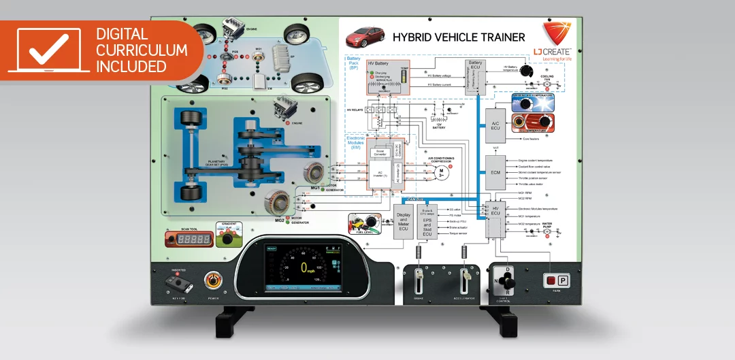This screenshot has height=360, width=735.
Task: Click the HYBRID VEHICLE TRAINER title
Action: (459, 37)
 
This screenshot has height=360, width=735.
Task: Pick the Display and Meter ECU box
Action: (403, 220)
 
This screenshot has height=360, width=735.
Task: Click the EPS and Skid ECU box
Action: (427, 221)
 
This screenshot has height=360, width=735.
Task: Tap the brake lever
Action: (418, 279)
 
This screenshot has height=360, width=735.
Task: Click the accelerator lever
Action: (466, 279)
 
